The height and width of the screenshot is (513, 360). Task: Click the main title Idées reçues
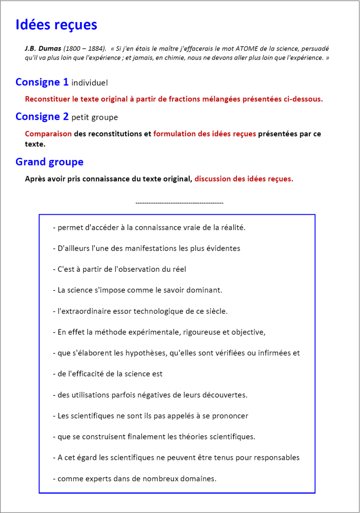[56, 25]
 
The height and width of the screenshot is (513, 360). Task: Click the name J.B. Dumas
[42, 49]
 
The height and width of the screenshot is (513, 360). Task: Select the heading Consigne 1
[42, 82]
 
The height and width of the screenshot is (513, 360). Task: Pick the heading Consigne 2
[42, 116]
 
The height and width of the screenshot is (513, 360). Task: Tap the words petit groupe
[95, 117]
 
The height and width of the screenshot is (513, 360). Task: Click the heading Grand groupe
[49, 161]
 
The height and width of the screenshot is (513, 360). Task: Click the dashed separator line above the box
[179, 203]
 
